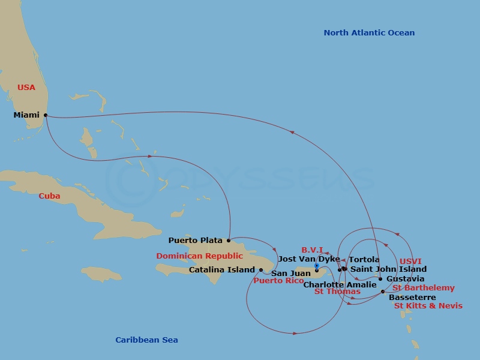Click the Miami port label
point(26,115)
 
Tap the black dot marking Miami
point(46,115)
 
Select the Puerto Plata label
point(196,241)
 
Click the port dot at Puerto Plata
point(229,241)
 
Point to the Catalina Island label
point(222,270)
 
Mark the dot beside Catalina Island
point(260,270)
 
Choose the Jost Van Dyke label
point(309,259)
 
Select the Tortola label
point(364,260)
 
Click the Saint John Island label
point(388,269)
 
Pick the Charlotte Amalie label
point(340,285)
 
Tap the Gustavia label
point(406,279)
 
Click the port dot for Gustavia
point(380,279)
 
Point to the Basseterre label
point(413,297)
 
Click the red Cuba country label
point(49,196)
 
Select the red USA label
point(26,88)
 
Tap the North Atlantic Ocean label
point(369,33)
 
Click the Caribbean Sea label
point(146,340)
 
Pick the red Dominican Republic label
point(200,256)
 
